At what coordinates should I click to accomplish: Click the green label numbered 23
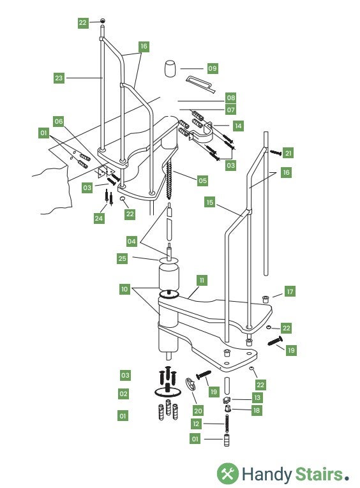click(59, 78)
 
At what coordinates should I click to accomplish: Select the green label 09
click(213, 68)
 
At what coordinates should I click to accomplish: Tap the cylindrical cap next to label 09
click(170, 69)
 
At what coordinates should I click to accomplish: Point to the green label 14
click(238, 126)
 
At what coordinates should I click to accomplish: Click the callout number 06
click(59, 121)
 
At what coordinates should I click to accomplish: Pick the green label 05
click(202, 181)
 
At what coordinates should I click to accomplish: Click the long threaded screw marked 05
click(169, 180)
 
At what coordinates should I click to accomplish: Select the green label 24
click(99, 218)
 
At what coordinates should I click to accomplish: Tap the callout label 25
click(123, 258)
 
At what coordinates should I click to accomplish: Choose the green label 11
click(202, 280)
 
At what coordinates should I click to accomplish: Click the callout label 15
click(210, 202)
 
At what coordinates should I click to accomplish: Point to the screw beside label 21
click(276, 152)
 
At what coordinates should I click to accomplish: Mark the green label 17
click(290, 292)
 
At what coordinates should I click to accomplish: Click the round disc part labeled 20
click(190, 383)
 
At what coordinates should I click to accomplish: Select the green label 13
click(257, 397)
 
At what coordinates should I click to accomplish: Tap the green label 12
click(196, 424)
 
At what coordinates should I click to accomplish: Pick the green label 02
click(123, 394)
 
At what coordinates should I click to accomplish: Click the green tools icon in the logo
click(228, 473)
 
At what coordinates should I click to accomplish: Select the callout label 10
click(124, 289)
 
